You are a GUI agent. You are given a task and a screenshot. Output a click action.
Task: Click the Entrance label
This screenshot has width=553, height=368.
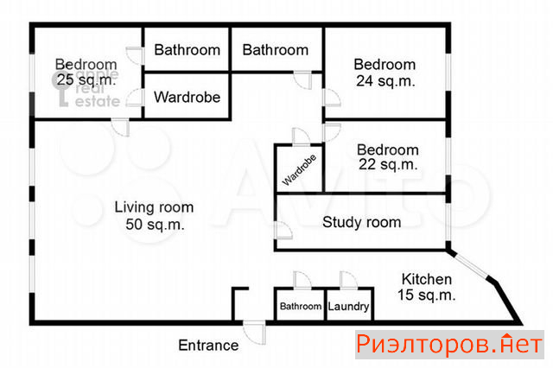click(208, 345)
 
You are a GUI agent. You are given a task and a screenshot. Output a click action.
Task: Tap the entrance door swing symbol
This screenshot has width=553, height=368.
click(255, 332)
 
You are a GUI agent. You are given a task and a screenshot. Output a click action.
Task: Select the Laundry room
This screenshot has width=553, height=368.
click(349, 305)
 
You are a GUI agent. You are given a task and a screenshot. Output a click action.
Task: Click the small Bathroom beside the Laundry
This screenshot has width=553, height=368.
click(300, 305)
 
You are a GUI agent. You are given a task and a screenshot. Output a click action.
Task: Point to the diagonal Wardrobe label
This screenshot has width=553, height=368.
click(299, 170)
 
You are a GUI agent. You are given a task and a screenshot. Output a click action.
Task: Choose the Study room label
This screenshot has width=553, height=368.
click(361, 222)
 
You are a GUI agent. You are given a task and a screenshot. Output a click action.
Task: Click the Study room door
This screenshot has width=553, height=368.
click(284, 230)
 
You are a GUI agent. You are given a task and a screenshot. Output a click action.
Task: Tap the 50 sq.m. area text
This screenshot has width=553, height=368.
click(155, 225)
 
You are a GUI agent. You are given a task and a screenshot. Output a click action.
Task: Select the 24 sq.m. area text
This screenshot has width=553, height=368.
click(385, 81)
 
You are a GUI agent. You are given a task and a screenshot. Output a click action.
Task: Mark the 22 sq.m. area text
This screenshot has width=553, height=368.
click(388, 164)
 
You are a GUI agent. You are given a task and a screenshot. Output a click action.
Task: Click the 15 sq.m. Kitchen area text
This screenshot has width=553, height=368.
click(426, 295)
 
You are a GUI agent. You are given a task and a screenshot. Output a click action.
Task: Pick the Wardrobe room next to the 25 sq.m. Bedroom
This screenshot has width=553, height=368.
click(187, 96)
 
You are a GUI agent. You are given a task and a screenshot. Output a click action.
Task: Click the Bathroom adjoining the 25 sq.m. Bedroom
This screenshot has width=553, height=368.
click(187, 49)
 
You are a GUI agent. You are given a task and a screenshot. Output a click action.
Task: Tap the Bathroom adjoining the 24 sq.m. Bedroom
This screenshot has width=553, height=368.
click(276, 49)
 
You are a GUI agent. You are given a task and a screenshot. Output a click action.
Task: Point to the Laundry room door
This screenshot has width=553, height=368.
click(348, 281)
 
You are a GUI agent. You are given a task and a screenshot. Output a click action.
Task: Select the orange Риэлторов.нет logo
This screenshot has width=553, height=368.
click(449, 345)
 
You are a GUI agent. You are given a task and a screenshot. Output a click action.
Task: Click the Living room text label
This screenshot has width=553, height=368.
click(154, 207)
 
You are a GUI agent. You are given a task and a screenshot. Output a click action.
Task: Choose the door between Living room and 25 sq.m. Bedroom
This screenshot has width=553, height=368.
click(121, 128)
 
